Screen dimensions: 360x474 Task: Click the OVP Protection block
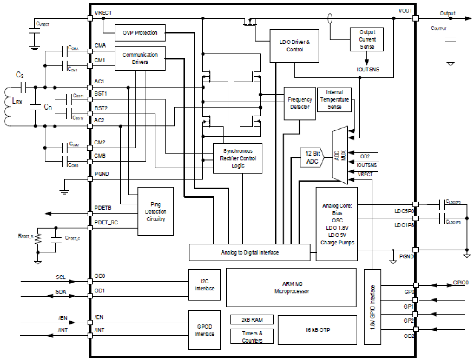pyautogui.click(x=140, y=33)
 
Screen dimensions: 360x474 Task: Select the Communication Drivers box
pyautogui.click(x=140, y=58)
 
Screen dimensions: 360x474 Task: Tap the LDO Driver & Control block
pyautogui.click(x=294, y=46)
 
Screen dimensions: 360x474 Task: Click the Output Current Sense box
pyautogui.click(x=367, y=39)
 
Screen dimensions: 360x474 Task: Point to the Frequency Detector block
pyautogui.click(x=300, y=103)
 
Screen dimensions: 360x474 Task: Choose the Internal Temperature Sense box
pyautogui.click(x=334, y=100)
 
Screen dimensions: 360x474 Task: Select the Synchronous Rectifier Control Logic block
pyautogui.click(x=238, y=158)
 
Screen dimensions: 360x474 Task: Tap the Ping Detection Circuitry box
pyautogui.click(x=155, y=212)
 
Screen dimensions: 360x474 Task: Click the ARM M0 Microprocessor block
pyautogui.click(x=291, y=287)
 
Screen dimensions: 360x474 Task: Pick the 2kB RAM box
pyautogui.click(x=252, y=320)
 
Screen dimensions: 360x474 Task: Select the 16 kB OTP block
pyautogui.click(x=317, y=330)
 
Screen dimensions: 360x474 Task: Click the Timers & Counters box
pyautogui.click(x=252, y=337)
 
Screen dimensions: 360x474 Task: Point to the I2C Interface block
pyautogui.click(x=205, y=285)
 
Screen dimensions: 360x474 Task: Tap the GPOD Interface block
pyautogui.click(x=205, y=330)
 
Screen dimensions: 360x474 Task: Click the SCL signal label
pyautogui.click(x=60, y=277)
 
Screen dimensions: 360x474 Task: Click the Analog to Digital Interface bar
pyautogui.click(x=249, y=252)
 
